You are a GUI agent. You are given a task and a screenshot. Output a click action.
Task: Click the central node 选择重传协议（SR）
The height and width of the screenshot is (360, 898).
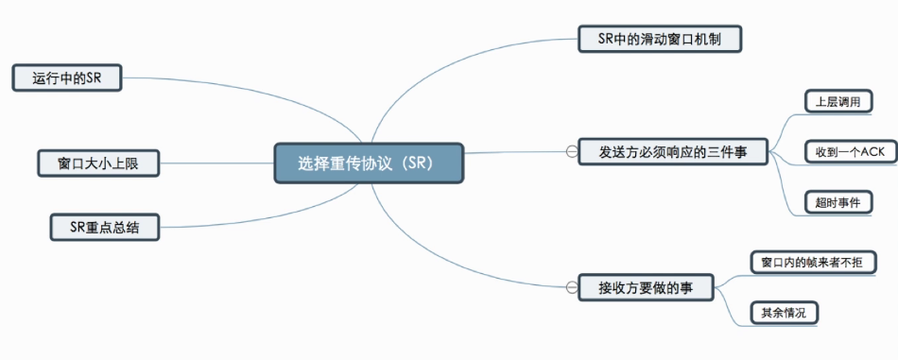click(x=369, y=163)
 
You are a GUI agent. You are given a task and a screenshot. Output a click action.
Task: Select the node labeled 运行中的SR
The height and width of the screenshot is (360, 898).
click(x=67, y=77)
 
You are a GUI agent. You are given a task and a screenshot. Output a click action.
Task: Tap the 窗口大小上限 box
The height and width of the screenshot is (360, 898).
click(x=98, y=163)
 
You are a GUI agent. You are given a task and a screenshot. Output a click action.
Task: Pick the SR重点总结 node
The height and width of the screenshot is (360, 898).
click(x=105, y=227)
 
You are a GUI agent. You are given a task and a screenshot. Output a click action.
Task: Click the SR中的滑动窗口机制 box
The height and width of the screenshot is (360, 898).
click(x=660, y=40)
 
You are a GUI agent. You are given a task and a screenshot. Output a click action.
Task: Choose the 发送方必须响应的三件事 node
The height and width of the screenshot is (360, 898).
click(x=673, y=152)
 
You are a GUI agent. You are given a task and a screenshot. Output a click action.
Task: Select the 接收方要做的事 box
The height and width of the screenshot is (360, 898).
click(x=646, y=287)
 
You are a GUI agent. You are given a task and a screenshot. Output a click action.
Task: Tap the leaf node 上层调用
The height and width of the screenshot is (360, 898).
click(x=838, y=102)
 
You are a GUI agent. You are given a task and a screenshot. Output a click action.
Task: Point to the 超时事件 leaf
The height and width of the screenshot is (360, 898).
click(x=838, y=202)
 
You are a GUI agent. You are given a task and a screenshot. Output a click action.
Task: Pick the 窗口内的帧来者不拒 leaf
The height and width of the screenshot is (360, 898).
click(x=813, y=263)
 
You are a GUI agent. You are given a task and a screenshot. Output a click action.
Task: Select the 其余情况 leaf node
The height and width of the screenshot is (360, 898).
click(x=784, y=313)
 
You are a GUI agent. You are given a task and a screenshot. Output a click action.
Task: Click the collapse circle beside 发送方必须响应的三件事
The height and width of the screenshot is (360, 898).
click(x=571, y=152)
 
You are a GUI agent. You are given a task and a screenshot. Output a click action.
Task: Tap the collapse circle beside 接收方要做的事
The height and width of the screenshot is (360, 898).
click(x=571, y=287)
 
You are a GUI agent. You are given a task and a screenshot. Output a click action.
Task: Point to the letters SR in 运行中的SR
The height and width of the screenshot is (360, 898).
click(x=94, y=78)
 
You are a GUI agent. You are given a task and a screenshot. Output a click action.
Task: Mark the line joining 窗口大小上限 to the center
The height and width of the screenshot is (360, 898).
click(x=217, y=163)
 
